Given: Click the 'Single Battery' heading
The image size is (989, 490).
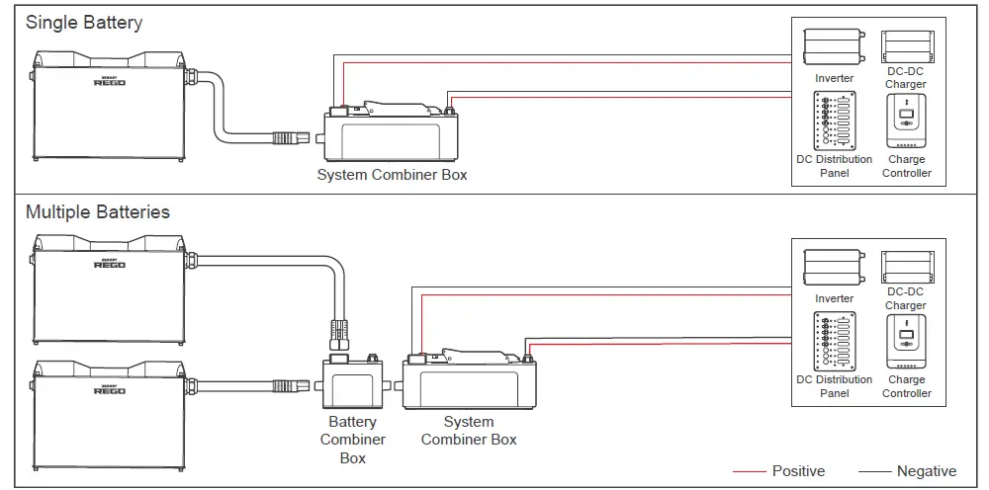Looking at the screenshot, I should tap(84, 22).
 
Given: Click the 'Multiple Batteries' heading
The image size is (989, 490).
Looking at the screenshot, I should tap(97, 211).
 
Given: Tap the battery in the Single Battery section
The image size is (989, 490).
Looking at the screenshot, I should tap(107, 108).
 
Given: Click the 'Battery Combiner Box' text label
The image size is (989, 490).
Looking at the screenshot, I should tap(353, 441).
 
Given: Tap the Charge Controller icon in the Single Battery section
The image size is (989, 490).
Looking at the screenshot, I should tap(906, 121).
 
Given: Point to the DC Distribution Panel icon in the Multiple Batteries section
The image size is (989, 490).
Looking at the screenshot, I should tap(835, 341).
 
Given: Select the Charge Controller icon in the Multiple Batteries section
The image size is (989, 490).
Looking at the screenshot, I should tap(906, 341).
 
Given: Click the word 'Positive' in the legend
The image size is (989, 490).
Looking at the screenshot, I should tap(798, 471).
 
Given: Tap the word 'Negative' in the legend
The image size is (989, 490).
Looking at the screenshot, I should tap(927, 471).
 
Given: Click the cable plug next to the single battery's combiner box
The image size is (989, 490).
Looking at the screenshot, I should tap(300, 131).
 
